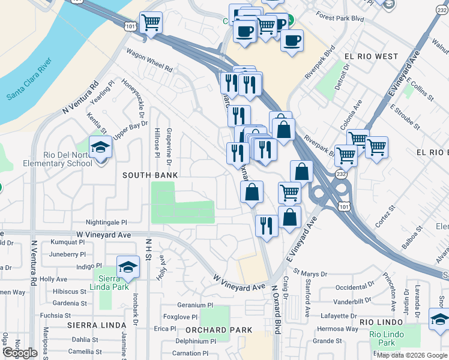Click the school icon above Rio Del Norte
coord(100,146)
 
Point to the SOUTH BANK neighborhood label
coord(150,175)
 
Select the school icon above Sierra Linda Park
coord(128,266)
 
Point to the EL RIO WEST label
coord(371,56)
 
